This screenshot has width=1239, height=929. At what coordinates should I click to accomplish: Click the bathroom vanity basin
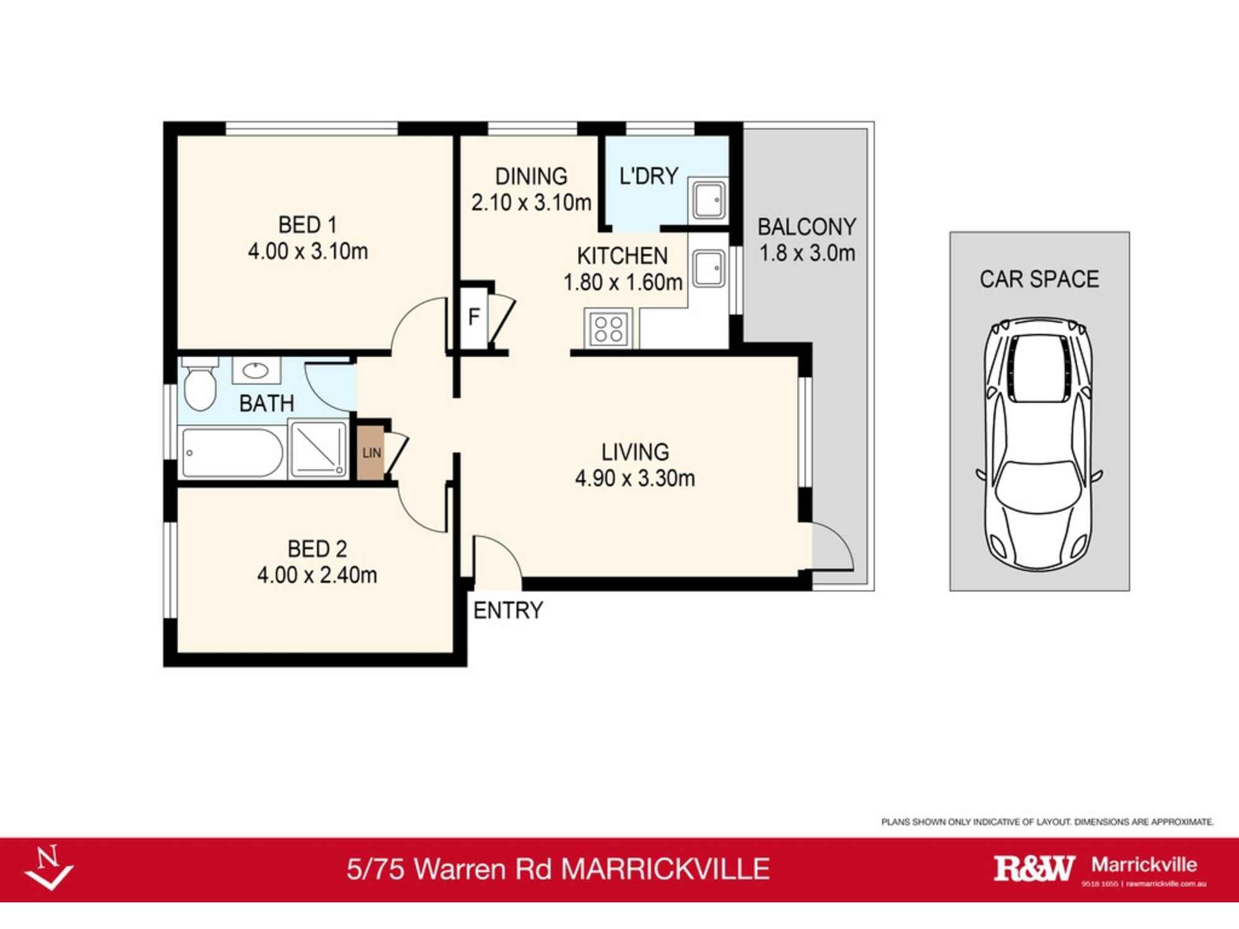(x=255, y=371)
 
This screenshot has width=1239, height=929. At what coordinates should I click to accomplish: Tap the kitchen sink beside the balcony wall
(x=708, y=268)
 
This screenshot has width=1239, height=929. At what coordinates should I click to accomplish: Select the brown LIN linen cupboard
(x=371, y=453)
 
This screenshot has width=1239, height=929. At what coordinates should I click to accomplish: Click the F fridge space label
(x=474, y=317)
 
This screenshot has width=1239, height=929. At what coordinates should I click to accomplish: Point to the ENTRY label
(x=508, y=611)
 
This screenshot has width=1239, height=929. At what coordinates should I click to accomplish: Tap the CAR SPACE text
(x=1039, y=279)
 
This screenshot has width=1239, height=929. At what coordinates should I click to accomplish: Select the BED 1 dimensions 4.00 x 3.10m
(x=308, y=251)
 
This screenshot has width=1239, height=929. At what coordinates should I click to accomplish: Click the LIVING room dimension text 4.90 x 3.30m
(x=635, y=478)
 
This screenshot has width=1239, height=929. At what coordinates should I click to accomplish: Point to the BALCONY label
(x=807, y=227)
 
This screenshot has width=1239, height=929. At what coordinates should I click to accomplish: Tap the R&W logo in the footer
(x=1034, y=868)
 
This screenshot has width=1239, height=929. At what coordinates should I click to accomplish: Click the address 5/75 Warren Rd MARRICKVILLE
(x=558, y=869)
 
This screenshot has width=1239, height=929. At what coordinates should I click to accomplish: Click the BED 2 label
(x=317, y=549)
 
